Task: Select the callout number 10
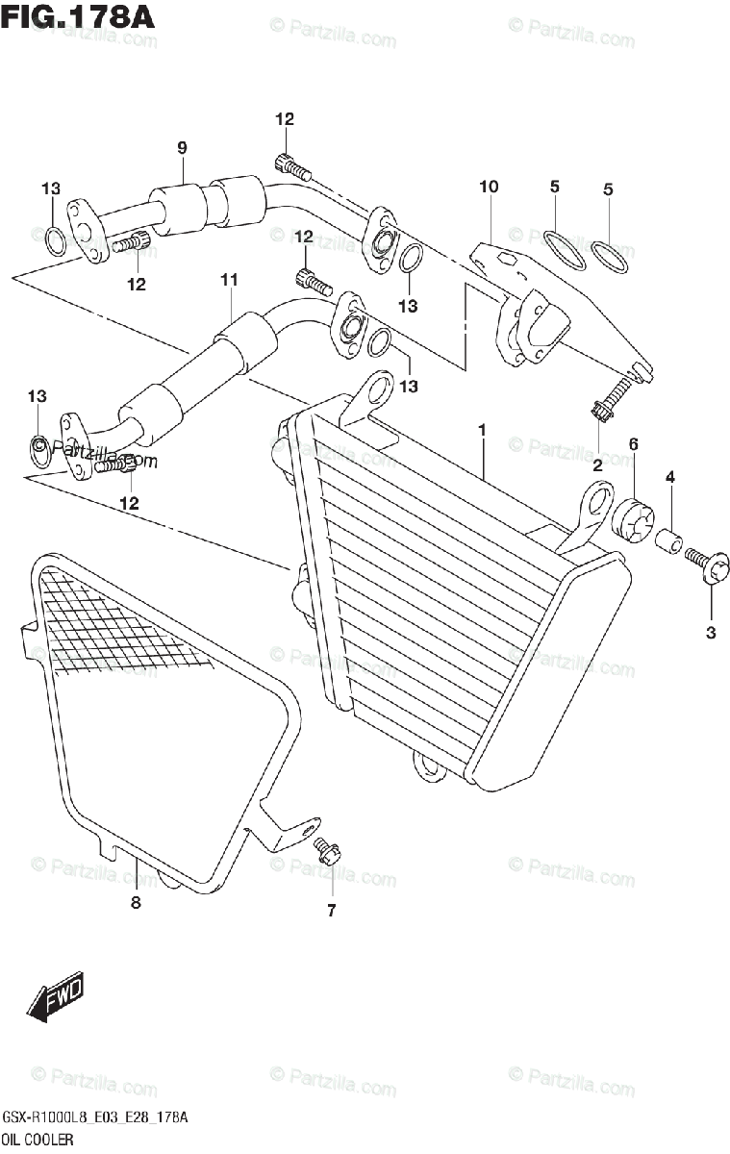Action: pos(489,187)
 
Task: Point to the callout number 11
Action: pos(228,280)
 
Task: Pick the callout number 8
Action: pos(136,903)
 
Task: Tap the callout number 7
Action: pos(331,912)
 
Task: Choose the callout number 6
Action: pos(634,443)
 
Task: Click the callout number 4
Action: pos(670,476)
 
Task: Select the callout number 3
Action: pos(711,632)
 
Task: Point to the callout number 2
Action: pos(596,464)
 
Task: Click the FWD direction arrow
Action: pos(56,998)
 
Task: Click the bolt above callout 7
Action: pos(327,850)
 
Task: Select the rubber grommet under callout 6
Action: pos(632,520)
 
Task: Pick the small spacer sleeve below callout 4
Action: pos(670,540)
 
